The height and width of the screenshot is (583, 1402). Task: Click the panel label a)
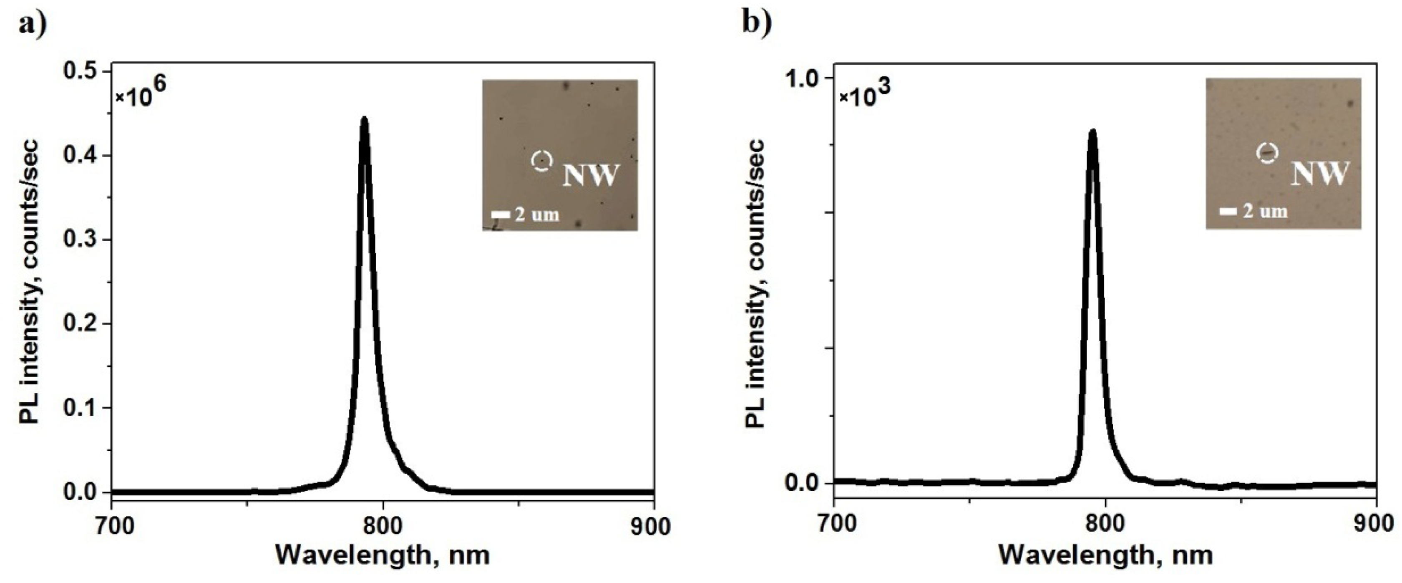coord(33,25)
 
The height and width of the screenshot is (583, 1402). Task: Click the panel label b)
coord(757,25)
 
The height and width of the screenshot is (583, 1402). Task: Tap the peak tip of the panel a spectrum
coord(365,119)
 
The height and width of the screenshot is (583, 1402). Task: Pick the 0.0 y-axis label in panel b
coord(802,483)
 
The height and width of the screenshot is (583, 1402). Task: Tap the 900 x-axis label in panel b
coord(1376,524)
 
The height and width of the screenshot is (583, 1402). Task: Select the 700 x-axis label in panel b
coord(834,524)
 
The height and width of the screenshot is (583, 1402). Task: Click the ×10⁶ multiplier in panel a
coord(140,93)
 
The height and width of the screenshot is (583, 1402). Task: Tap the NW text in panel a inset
coord(591,175)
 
